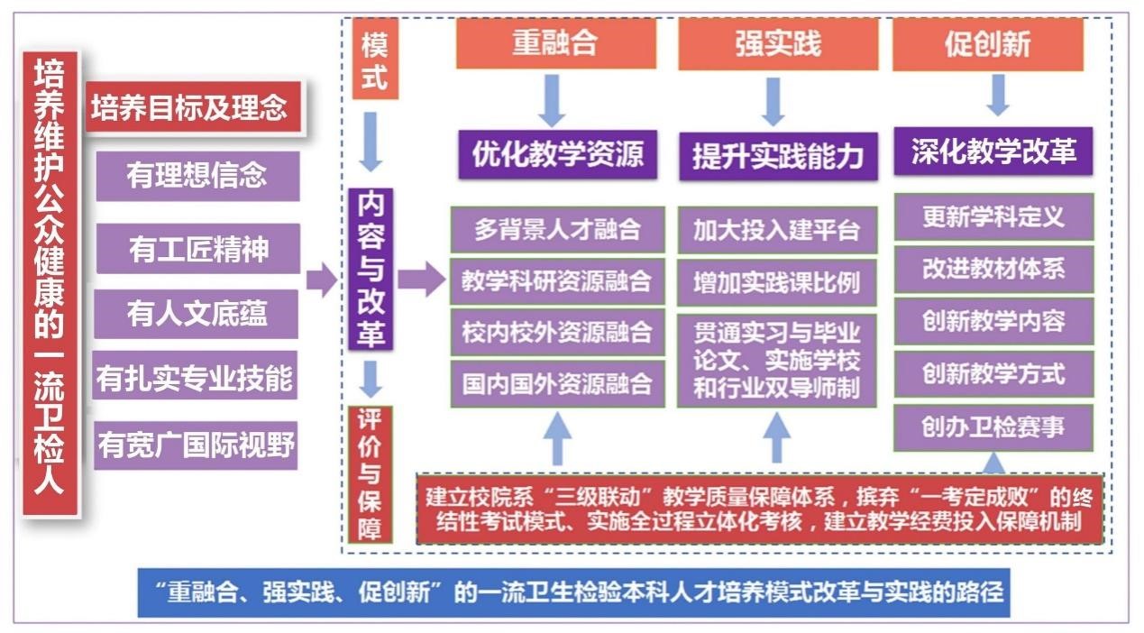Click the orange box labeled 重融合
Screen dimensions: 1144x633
tap(555, 43)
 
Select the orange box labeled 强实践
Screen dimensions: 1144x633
tap(778, 44)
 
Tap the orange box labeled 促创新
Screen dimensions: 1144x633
tap(988, 44)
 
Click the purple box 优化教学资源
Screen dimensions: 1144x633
tap(558, 154)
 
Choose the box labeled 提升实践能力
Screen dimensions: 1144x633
tap(778, 156)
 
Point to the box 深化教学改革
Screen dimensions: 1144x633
tap(993, 151)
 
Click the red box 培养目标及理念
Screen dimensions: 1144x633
tap(193, 107)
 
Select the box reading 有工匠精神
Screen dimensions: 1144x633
tap(198, 249)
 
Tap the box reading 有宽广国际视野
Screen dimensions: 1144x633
tap(196, 445)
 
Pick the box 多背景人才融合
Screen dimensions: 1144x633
tap(558, 229)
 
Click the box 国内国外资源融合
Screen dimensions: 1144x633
tap(558, 384)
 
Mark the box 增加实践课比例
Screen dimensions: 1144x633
tap(777, 282)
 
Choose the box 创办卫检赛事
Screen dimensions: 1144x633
tap(993, 427)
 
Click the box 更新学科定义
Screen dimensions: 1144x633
tap(993, 216)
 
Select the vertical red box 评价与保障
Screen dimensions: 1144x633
tap(371, 474)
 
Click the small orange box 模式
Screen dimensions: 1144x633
tap(375, 59)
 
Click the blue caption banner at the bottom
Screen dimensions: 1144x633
tap(574, 592)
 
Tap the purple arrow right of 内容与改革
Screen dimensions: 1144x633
tap(422, 279)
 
